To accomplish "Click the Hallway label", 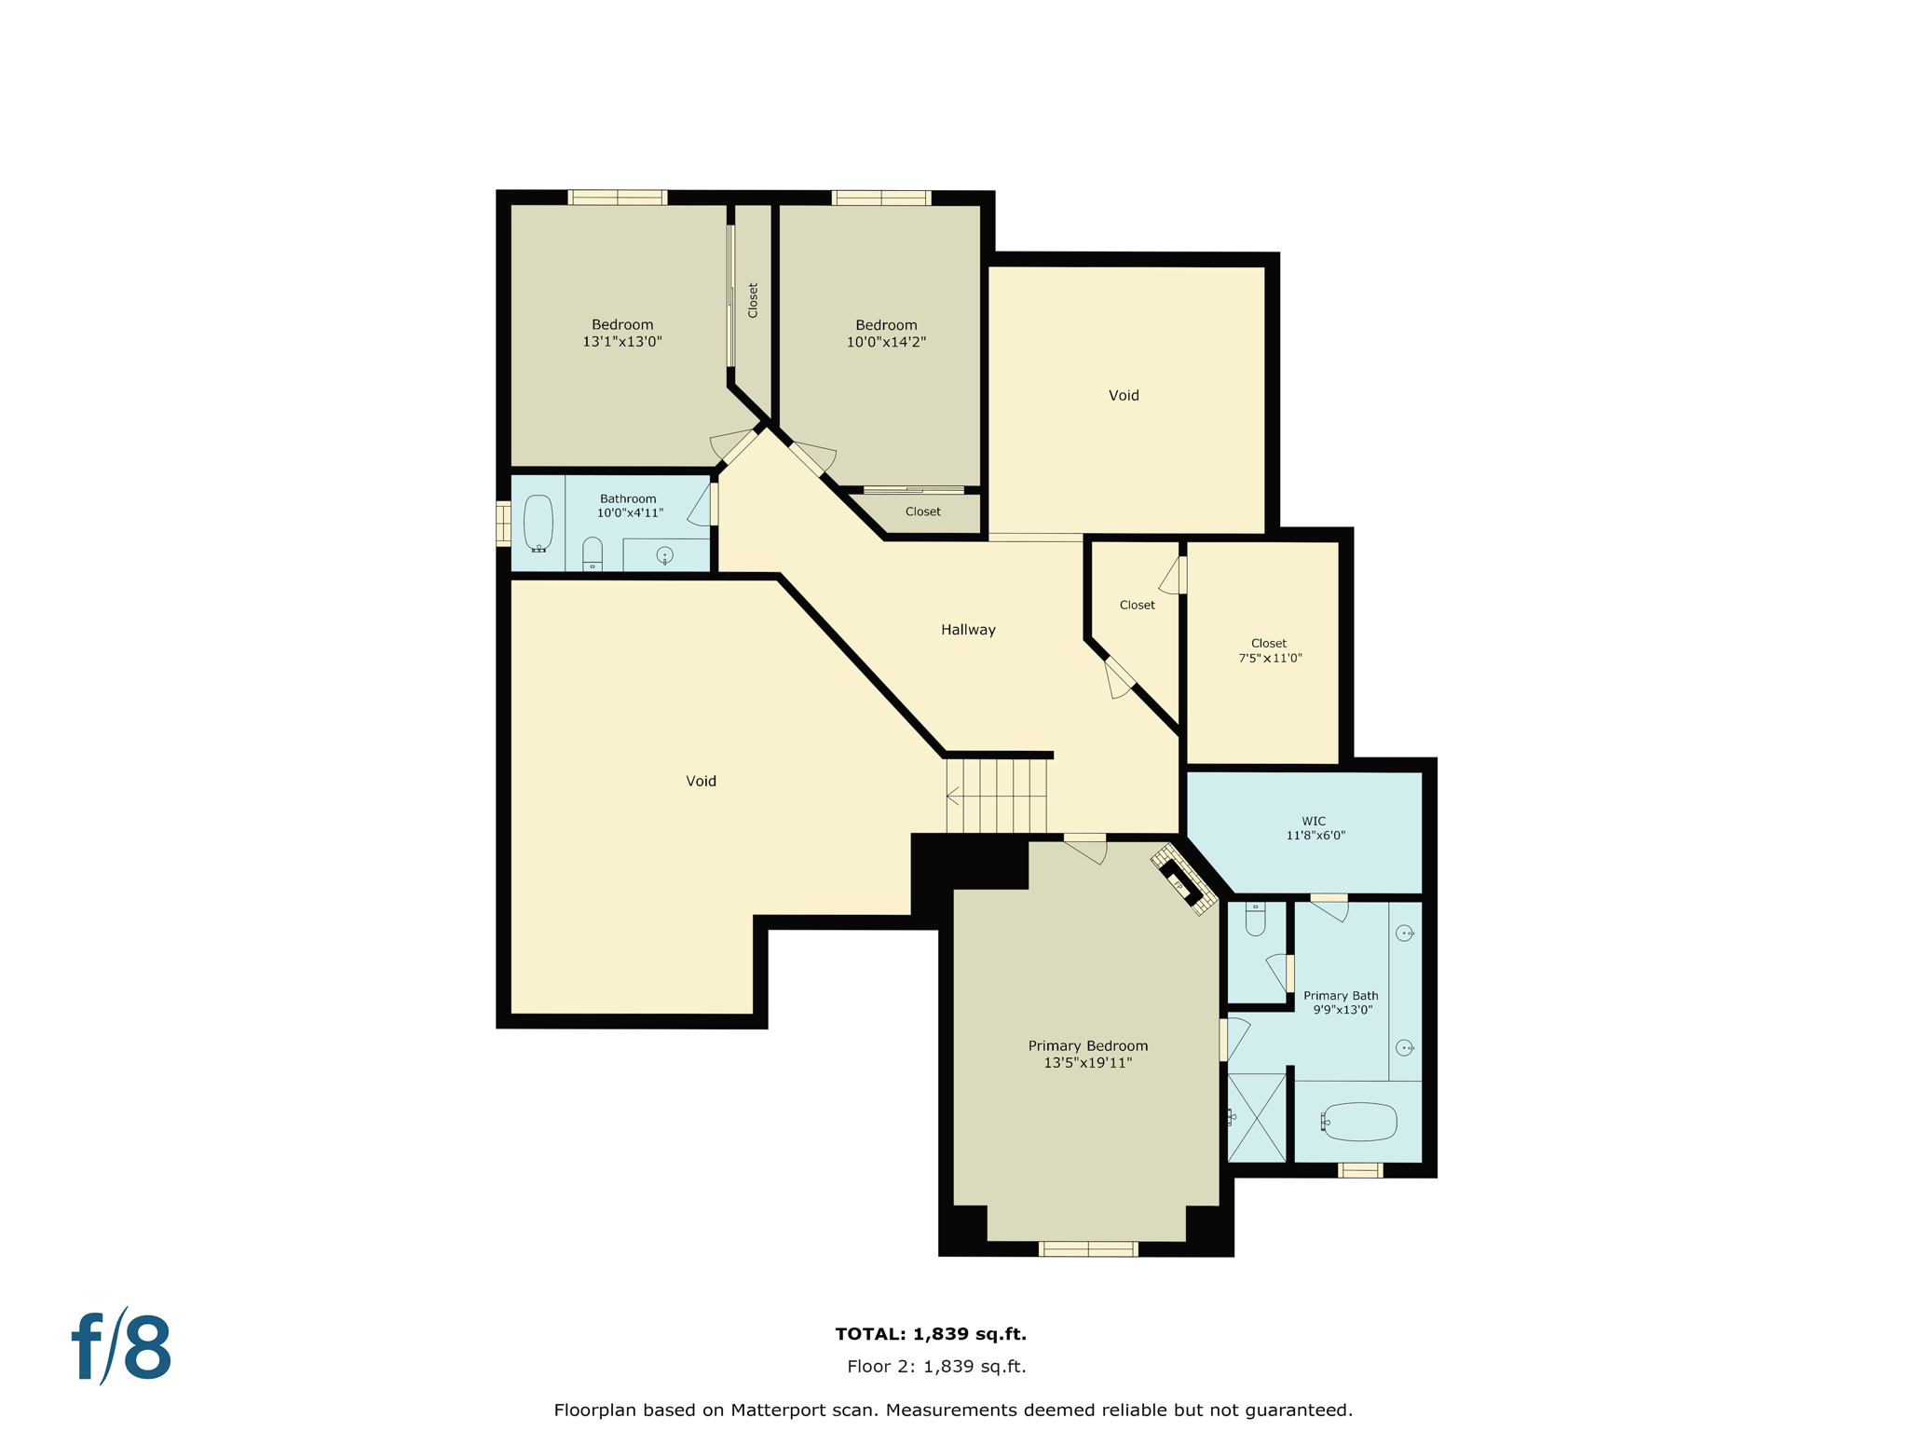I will point(968,630).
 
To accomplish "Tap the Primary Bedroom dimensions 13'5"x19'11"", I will point(1087,1063).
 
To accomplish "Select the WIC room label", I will point(1315,821).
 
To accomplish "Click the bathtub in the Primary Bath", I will point(1359,1123).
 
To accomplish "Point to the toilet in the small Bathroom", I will point(593,553).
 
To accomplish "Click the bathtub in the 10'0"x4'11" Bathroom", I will point(538,524).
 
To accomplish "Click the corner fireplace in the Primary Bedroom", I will point(1182,880).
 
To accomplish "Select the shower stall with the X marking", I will point(1256,1117).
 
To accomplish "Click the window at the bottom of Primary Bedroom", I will point(1088,1249).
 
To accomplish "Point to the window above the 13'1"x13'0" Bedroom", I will point(617,198).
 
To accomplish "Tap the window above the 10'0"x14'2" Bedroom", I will point(880,198).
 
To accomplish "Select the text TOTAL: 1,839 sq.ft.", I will point(931,1334).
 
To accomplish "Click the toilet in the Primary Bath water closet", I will point(1255,920).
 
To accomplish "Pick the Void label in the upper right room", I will point(1124,395).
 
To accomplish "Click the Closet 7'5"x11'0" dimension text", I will point(1270,658).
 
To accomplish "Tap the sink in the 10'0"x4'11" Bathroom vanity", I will point(664,556).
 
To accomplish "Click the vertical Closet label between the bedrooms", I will point(753,300).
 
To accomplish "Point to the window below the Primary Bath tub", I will point(1360,1171).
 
